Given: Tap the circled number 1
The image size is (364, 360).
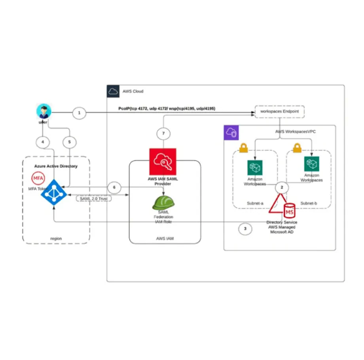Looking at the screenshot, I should [x=80, y=113].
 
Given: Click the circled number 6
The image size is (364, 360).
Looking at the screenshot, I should [x=114, y=187].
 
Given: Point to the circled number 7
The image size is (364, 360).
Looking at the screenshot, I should [x=163, y=134].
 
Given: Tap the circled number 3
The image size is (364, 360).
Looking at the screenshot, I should [x=245, y=228].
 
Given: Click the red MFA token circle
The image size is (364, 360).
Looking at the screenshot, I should [x=38, y=178].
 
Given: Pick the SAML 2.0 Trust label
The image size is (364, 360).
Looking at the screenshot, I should [x=94, y=199].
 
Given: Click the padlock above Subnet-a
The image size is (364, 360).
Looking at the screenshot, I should [x=243, y=148].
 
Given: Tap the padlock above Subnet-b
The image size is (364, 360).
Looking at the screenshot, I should [x=297, y=147].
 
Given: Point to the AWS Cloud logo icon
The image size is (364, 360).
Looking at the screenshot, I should [x=114, y=92].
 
